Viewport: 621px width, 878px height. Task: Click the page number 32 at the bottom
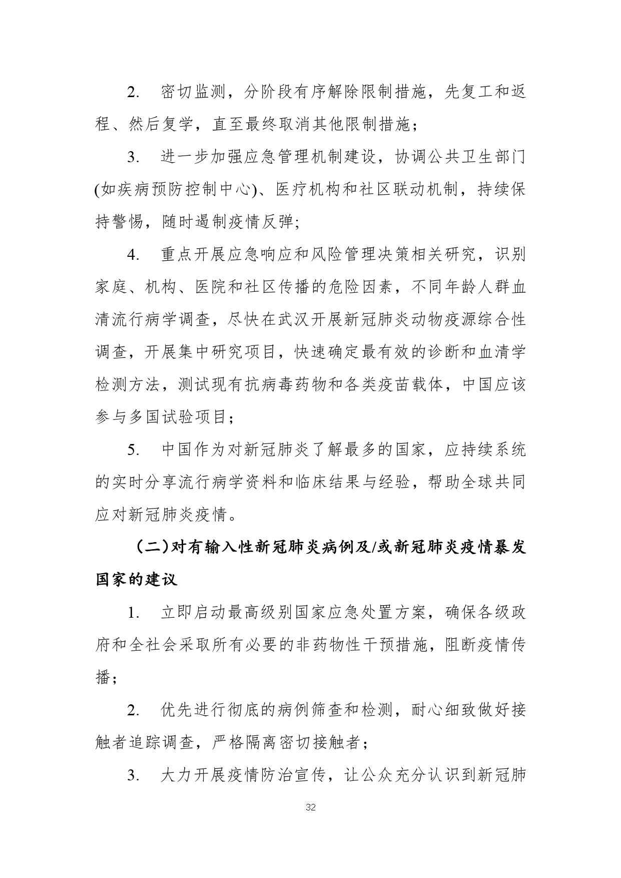click(x=310, y=807)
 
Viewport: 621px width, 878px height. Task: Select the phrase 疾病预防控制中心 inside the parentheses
click(x=178, y=190)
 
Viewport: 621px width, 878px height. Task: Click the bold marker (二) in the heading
click(x=152, y=547)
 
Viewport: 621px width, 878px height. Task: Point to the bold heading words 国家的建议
click(x=136, y=580)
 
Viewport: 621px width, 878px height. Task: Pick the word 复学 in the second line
click(x=178, y=125)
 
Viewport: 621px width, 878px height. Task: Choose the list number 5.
click(x=133, y=450)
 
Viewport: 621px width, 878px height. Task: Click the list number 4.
click(x=133, y=255)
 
